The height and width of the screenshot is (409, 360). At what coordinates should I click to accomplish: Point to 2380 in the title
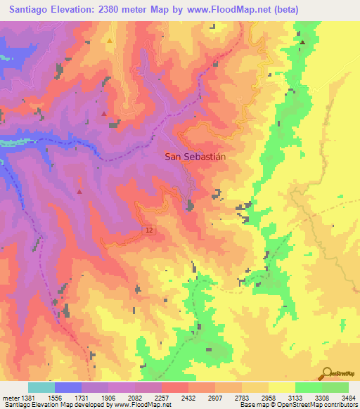[121, 10]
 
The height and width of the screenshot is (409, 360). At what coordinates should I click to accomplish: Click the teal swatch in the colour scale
[41, 387]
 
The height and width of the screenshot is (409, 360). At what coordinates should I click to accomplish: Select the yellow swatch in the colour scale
[281, 387]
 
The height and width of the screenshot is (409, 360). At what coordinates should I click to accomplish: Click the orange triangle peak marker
[110, 41]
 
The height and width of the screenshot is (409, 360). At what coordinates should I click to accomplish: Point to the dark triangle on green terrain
[303, 43]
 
